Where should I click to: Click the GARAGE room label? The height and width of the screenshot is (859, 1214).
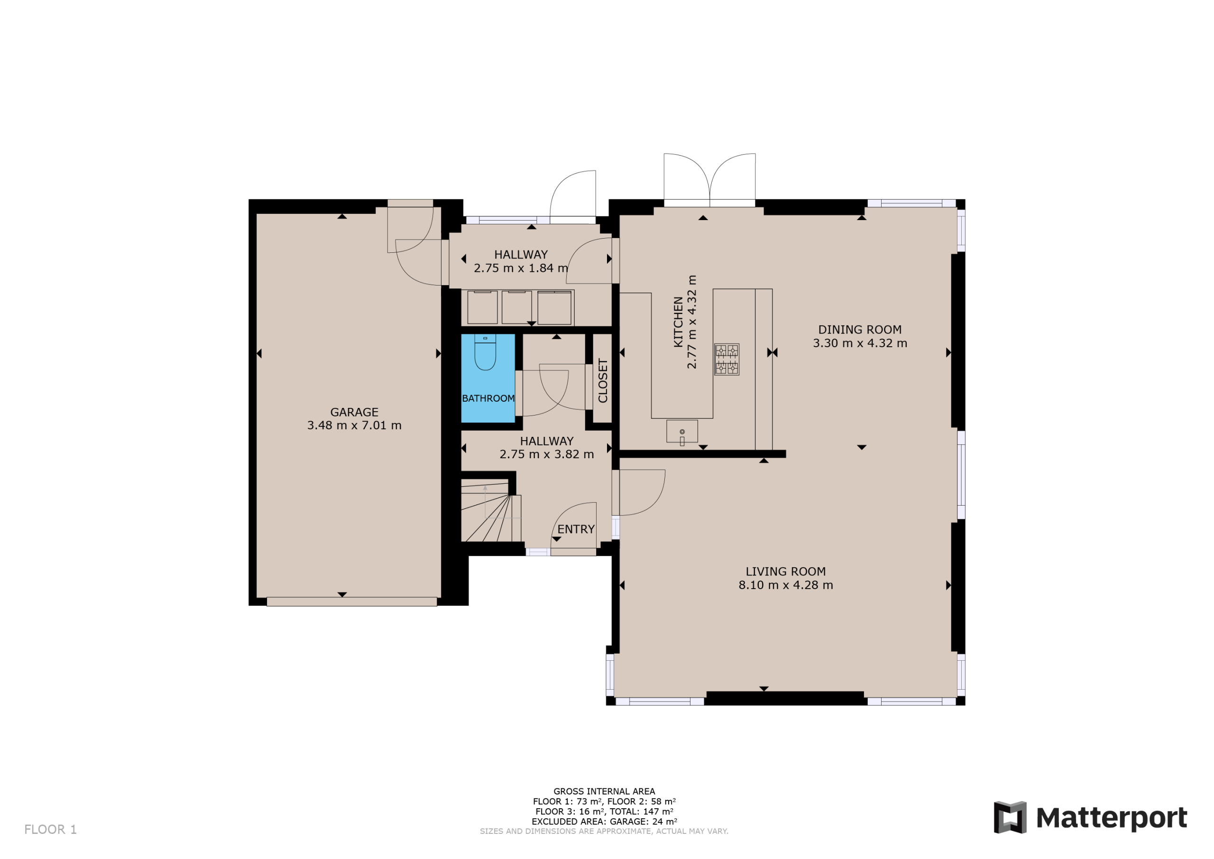tap(354, 412)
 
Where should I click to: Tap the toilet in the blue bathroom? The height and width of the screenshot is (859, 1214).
tap(485, 352)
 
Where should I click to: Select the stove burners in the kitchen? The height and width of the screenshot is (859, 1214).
tap(727, 360)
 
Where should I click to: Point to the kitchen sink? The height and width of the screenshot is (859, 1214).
tap(682, 431)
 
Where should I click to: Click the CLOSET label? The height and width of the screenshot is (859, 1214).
tap(603, 380)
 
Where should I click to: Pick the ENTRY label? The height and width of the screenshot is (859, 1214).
tap(576, 529)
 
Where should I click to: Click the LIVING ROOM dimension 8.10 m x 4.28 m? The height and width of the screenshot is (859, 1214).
tap(786, 585)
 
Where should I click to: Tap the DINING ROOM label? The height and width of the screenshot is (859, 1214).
tap(860, 330)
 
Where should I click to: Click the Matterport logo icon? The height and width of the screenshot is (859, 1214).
tap(1010, 817)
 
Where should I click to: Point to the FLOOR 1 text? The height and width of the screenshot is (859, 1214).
tap(51, 830)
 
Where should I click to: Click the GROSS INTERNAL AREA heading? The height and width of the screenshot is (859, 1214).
tap(604, 791)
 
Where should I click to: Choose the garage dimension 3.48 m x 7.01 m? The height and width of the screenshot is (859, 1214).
tap(354, 425)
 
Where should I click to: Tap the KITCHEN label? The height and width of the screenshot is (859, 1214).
tap(678, 322)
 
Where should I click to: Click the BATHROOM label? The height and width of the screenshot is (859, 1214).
tap(488, 398)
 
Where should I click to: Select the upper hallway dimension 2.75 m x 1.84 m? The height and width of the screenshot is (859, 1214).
tap(521, 268)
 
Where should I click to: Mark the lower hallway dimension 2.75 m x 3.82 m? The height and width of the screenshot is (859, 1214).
tap(547, 454)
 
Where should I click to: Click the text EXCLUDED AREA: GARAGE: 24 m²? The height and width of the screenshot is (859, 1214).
tap(604, 822)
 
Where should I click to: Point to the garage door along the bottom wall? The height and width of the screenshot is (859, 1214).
tap(351, 602)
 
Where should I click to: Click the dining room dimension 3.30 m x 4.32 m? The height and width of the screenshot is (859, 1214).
tap(860, 343)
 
